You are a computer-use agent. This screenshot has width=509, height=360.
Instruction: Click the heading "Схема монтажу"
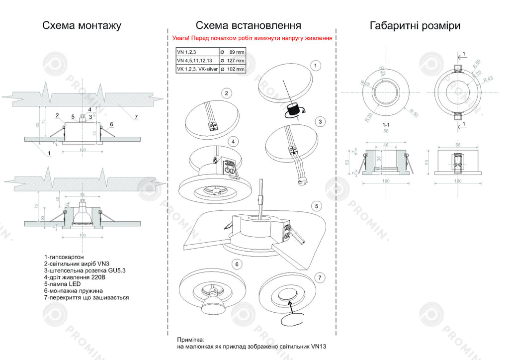[82, 25]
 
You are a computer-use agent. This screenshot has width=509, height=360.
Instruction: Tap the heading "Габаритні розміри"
[415, 25]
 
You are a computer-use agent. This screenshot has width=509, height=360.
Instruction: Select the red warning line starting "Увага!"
[252, 38]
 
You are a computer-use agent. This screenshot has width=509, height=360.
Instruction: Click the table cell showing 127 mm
[233, 61]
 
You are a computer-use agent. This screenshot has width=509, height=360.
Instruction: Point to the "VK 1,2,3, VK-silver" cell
[197, 70]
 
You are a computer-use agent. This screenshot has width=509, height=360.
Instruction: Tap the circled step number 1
[315, 65]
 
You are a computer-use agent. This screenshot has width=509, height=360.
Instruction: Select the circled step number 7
[321, 277]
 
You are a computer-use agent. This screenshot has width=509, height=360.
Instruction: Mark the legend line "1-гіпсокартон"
[64, 257]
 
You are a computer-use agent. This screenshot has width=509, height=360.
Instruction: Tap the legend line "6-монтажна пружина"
[73, 291]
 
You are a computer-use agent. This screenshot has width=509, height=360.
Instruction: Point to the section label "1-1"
[385, 125]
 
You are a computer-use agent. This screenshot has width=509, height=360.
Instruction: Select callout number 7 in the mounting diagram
[135, 117]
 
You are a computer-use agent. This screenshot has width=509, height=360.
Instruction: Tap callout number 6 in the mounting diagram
[111, 124]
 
